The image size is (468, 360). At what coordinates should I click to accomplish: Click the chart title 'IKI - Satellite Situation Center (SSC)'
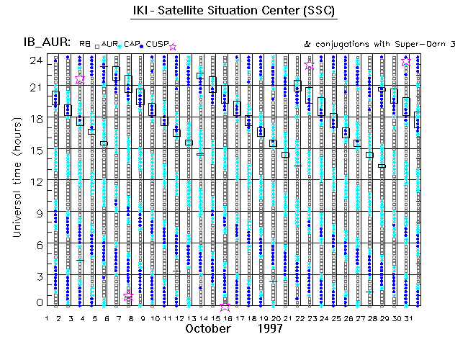pyautogui.click(x=233, y=12)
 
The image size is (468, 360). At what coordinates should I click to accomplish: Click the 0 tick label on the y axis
pyautogui.click(x=39, y=302)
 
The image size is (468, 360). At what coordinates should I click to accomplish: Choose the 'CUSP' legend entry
pyautogui.click(x=157, y=45)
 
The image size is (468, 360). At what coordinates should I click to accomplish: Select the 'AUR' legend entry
pyautogui.click(x=109, y=45)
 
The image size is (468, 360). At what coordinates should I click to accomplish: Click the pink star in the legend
pyautogui.click(x=173, y=46)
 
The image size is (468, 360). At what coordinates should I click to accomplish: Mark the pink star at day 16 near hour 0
pyautogui.click(x=226, y=305)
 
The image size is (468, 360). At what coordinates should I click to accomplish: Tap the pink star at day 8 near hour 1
pyautogui.click(x=128, y=296)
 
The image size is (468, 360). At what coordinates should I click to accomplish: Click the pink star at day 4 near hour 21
pyautogui.click(x=80, y=78)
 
